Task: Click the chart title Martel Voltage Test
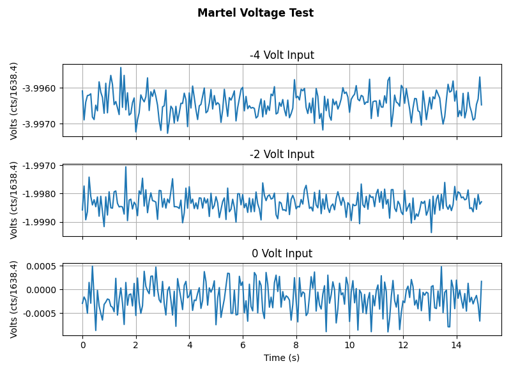click(x=256, y=13)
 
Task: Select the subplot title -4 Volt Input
click(x=282, y=55)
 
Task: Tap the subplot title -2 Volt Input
click(x=282, y=154)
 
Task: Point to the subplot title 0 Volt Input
click(x=282, y=253)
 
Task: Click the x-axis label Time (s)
click(x=282, y=358)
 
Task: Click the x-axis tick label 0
click(x=82, y=345)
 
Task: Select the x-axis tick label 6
click(x=243, y=345)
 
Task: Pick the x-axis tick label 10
click(x=349, y=345)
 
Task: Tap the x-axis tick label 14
click(x=456, y=345)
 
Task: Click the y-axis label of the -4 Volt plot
click(x=14, y=100)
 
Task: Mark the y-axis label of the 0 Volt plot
click(x=14, y=299)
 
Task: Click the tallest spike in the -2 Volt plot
click(x=126, y=167)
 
